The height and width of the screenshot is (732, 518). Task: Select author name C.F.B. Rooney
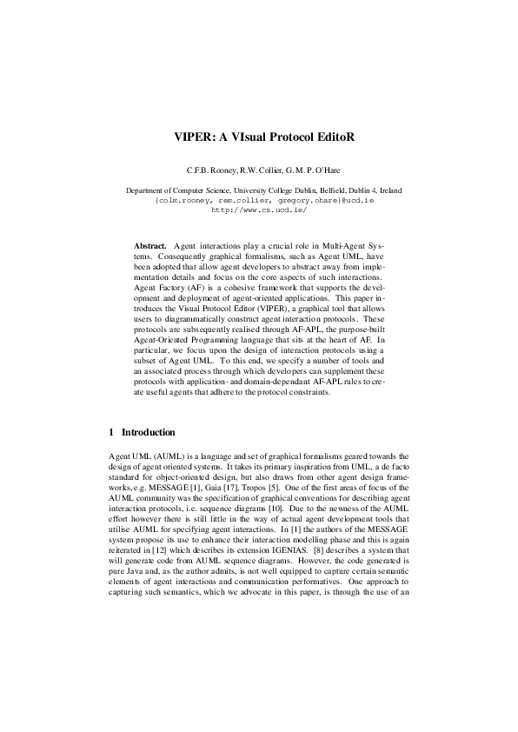pos(199,170)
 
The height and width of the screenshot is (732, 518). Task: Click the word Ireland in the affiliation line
pos(388,190)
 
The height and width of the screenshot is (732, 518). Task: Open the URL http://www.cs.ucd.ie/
pos(258,210)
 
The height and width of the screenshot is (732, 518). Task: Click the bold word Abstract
pos(149,248)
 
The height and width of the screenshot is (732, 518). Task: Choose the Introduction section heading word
pos(148,432)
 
